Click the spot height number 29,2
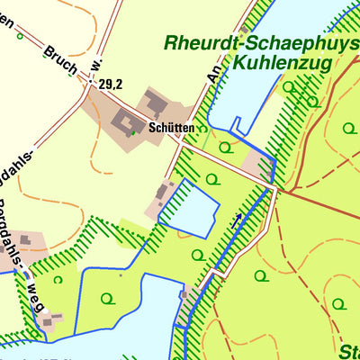point(111,84)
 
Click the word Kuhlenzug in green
point(283,63)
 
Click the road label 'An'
point(214,72)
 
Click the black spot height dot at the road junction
point(90,83)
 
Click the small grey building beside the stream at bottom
point(184,294)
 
